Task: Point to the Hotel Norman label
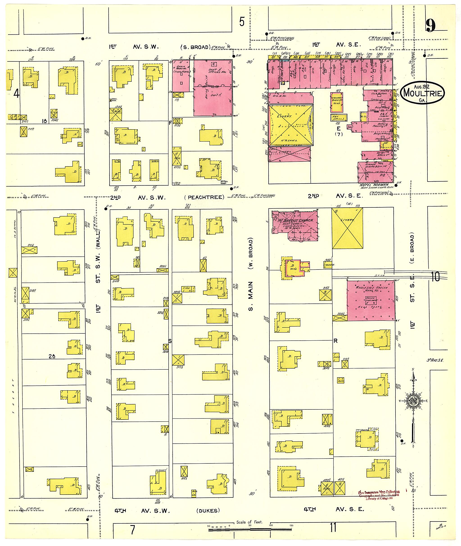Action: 374,185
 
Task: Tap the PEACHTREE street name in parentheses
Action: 204,197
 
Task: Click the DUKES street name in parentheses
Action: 208,511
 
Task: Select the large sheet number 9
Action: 430,26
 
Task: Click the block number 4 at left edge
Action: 16,93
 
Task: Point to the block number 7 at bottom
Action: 133,530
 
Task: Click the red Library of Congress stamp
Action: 379,495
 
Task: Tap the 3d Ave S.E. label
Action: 435,360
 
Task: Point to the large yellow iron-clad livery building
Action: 291,125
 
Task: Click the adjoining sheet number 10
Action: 435,276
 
